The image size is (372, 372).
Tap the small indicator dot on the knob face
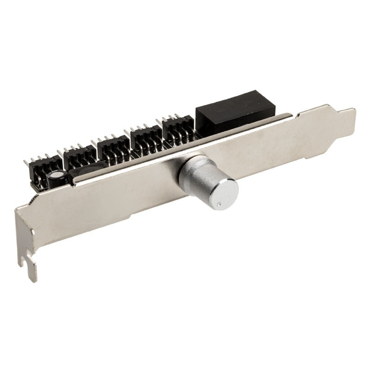coord(217,203)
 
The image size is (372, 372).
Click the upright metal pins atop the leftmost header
coord(40,159)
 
